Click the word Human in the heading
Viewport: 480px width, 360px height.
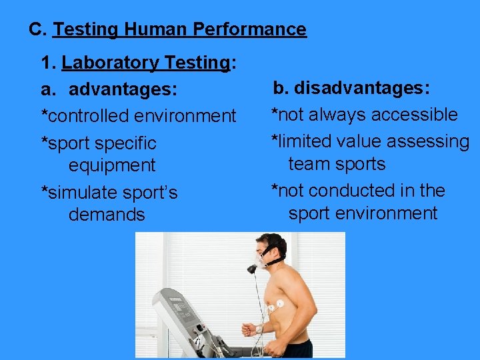coord(155,29)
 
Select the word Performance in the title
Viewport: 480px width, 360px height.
coord(249,29)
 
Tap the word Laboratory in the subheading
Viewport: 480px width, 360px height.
coord(110,63)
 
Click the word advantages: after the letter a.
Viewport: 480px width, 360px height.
coord(123,89)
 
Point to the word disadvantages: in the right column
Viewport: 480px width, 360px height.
coord(362,88)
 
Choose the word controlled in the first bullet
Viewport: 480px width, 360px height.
coord(89,116)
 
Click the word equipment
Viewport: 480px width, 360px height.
coord(112,166)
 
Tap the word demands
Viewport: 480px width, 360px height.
coord(107,214)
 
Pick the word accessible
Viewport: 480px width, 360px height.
coord(415,115)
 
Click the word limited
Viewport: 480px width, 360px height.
coord(305,141)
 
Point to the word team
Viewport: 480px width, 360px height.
coord(309,164)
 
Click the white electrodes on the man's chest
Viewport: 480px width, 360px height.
coord(276,305)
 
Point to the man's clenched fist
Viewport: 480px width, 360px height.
coord(249,329)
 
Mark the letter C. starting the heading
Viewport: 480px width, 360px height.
coord(37,29)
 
